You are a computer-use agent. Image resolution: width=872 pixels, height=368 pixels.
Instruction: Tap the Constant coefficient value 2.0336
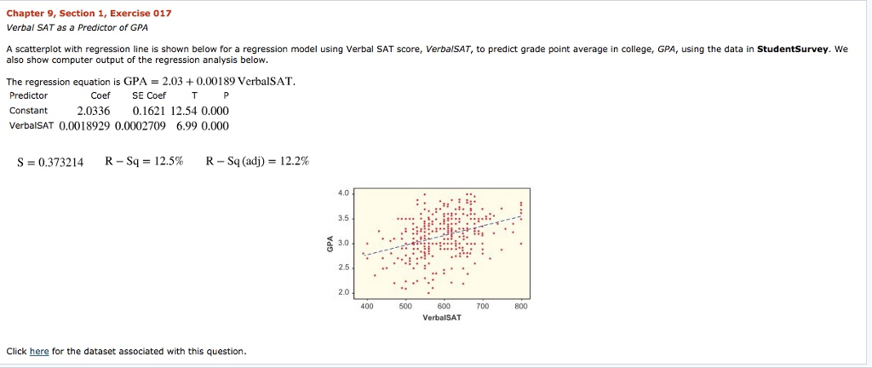[94, 111]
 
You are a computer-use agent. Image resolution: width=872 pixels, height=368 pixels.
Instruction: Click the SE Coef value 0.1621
[150, 111]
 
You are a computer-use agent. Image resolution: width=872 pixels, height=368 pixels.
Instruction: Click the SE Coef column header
[149, 95]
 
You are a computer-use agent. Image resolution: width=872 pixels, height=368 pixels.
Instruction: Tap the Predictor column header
[28, 95]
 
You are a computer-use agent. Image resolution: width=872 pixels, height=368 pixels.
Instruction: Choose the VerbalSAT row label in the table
[32, 126]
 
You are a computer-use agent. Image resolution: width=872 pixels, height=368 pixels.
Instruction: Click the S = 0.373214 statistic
[50, 162]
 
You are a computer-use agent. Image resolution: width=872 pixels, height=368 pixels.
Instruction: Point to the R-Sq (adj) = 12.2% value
[257, 162]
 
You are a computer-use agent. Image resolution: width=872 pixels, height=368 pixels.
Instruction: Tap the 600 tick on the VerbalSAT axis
[443, 306]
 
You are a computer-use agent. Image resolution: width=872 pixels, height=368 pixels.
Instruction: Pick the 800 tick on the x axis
[521, 306]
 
